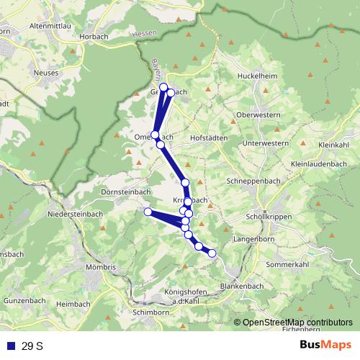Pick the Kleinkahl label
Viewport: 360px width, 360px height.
[x=333, y=145]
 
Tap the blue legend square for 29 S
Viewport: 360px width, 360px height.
[x=12, y=346]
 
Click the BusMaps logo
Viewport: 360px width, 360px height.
[x=325, y=346]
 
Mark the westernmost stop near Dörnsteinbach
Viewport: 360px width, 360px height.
[x=148, y=212]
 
